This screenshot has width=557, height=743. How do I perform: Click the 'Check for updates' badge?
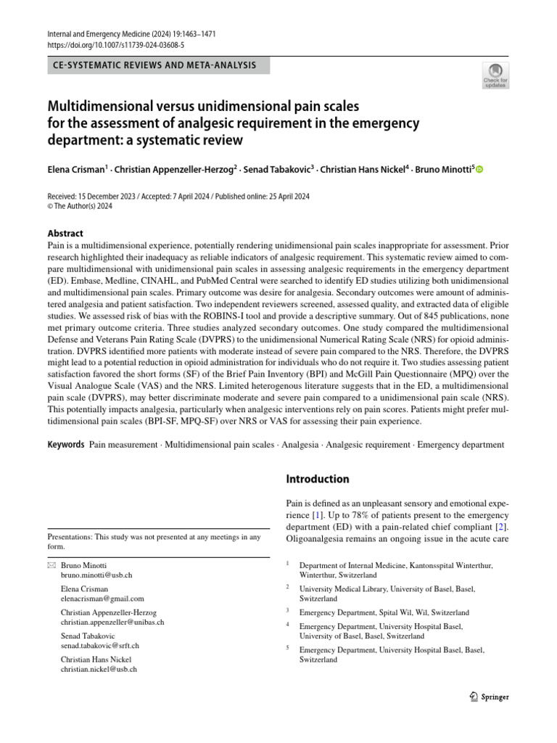497,75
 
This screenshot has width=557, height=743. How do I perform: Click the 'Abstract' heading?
65,234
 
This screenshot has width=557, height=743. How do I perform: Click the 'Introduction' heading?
318,479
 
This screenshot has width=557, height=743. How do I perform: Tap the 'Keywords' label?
66,444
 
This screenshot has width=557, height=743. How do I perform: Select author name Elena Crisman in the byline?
76,170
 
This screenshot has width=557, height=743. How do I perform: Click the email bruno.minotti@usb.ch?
96,574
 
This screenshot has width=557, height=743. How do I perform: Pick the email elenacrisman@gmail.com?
102,599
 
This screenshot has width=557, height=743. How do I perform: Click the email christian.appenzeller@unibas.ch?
112,623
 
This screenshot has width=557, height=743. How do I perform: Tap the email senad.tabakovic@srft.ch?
100,646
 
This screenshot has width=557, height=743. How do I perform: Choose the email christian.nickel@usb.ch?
99,670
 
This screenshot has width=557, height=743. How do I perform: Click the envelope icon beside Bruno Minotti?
50,565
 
